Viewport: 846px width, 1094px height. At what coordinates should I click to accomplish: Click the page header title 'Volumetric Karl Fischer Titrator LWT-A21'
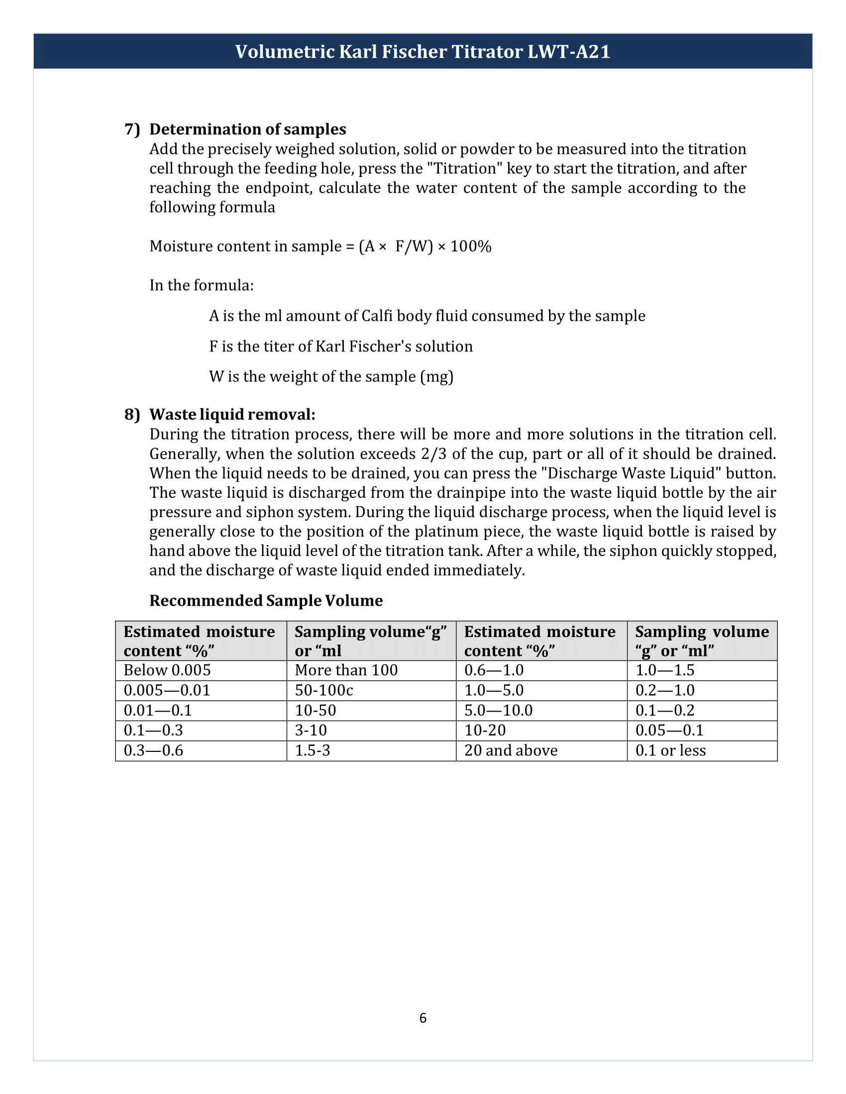[x=423, y=52]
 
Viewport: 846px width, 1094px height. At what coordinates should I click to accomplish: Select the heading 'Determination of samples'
[x=248, y=129]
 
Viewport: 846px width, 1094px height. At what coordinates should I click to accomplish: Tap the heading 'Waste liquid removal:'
[x=232, y=414]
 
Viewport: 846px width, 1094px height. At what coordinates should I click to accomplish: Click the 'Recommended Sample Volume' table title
[x=266, y=600]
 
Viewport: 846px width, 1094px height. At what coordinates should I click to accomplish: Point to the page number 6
[x=423, y=1018]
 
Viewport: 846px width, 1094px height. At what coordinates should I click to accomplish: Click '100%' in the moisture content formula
[x=471, y=247]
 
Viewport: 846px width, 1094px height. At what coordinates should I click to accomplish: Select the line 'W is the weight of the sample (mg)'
[x=331, y=376]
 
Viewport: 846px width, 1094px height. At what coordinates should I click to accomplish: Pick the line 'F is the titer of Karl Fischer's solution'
[x=341, y=346]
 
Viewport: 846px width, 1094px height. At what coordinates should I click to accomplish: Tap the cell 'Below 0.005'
[x=167, y=670]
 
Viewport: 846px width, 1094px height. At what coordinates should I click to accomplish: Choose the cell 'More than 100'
[x=346, y=670]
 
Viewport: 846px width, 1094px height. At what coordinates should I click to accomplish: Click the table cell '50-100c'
[x=324, y=690]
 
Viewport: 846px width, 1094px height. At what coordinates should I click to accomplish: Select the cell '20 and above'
[x=511, y=750]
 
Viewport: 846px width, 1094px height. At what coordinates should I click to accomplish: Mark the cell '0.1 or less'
[x=670, y=750]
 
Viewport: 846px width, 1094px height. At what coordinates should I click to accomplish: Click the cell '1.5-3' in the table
[x=312, y=750]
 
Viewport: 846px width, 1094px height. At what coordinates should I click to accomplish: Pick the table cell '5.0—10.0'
[x=498, y=710]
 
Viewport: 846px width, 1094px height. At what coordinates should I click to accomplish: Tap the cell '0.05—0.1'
[x=669, y=730]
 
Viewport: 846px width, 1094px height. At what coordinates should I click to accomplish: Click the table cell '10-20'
[x=485, y=730]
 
